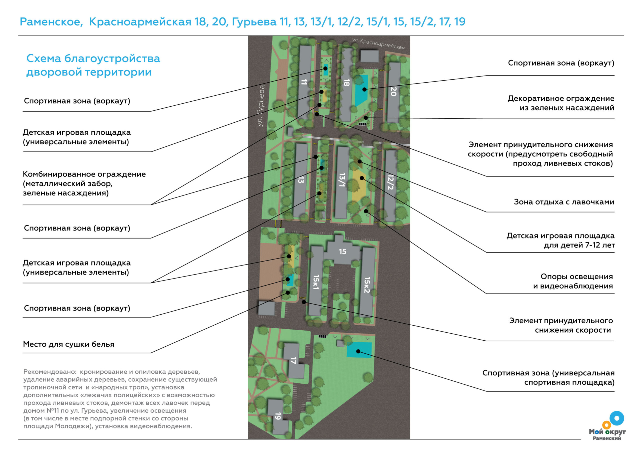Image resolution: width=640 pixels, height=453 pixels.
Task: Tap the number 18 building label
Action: click(346, 83)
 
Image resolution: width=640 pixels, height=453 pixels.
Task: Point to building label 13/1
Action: click(342, 180)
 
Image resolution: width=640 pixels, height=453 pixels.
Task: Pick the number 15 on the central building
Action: click(342, 252)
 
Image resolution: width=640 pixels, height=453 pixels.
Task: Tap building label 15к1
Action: click(316, 282)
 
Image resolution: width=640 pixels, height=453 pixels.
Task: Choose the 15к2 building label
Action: click(367, 285)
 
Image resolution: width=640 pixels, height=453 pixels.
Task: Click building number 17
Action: click(293, 361)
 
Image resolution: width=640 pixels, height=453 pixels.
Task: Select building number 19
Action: click(278, 416)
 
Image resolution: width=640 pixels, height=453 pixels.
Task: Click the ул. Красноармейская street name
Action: click(378, 44)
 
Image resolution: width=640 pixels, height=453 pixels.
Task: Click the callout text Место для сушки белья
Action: click(68, 344)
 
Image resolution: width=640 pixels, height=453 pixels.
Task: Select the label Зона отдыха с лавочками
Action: click(564, 202)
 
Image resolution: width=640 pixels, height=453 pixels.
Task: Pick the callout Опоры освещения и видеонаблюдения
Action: click(573, 281)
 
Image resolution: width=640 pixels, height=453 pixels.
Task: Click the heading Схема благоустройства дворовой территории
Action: click(93, 65)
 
